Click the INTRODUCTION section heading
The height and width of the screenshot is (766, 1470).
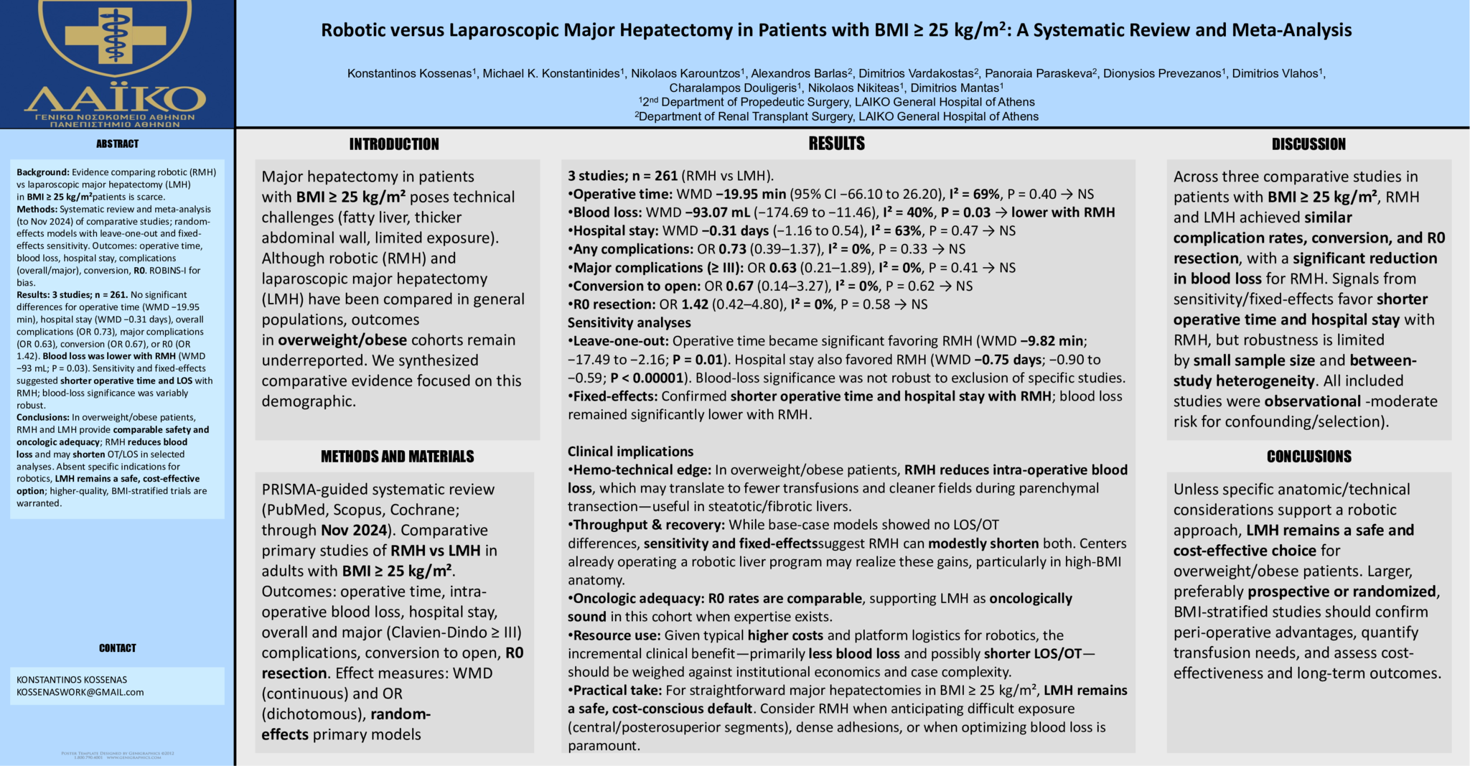pyautogui.click(x=394, y=144)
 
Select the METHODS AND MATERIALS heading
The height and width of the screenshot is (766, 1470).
pyautogui.click(x=397, y=457)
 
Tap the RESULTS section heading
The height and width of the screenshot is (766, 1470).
pyautogui.click(x=836, y=144)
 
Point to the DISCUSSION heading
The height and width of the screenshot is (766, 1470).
pyautogui.click(x=1309, y=144)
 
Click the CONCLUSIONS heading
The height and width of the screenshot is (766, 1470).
pyautogui.click(x=1309, y=457)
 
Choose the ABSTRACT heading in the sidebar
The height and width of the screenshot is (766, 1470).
pyautogui.click(x=118, y=144)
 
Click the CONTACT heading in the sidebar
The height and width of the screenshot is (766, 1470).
pyautogui.click(x=118, y=648)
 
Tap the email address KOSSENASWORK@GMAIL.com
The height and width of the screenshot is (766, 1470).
pyautogui.click(x=80, y=693)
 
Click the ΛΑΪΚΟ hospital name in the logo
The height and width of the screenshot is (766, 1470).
pyautogui.click(x=116, y=98)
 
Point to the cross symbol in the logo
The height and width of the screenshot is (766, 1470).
pyautogui.click(x=115, y=32)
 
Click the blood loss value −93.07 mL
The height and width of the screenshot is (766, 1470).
pyautogui.click(x=735, y=212)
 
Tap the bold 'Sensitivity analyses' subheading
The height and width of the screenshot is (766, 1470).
pyautogui.click(x=629, y=323)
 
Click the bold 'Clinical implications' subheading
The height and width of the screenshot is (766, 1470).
pyautogui.click(x=630, y=452)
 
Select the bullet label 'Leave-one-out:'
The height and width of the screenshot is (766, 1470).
pyautogui.click(x=621, y=341)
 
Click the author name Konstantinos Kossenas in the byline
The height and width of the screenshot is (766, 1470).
pyautogui.click(x=409, y=73)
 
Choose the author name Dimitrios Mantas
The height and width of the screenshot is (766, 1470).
pyautogui.click(x=955, y=88)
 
